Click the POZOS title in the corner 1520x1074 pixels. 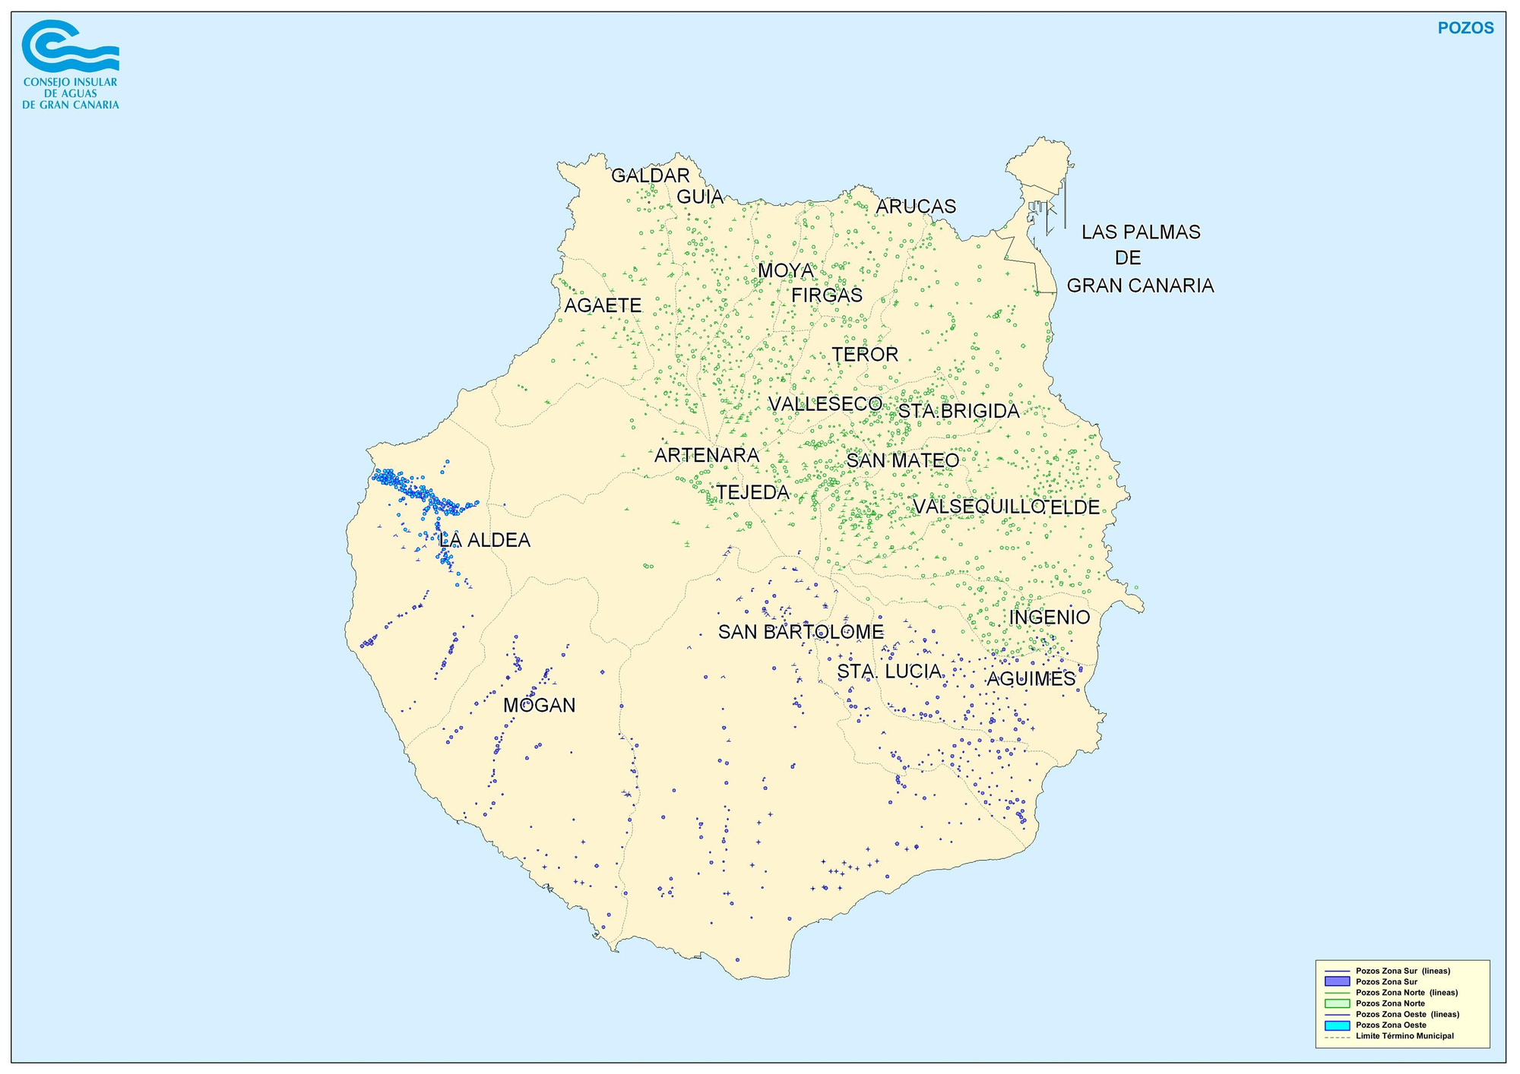point(1465,28)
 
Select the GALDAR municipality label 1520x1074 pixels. point(651,175)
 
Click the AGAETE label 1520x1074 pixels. point(603,305)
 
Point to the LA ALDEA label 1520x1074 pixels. point(484,541)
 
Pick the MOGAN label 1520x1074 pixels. point(540,706)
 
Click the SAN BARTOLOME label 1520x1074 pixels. point(801,632)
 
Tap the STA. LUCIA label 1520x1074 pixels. point(889,671)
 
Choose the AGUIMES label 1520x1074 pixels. point(1031,679)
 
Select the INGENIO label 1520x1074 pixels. point(1050,618)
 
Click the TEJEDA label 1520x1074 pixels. point(753,492)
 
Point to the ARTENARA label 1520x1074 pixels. point(707,455)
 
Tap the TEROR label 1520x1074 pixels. point(865,354)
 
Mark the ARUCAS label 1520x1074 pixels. point(916,207)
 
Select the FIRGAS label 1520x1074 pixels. point(827,295)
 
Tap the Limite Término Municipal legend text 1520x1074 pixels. point(1404,1036)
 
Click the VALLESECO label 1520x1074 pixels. point(825,404)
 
